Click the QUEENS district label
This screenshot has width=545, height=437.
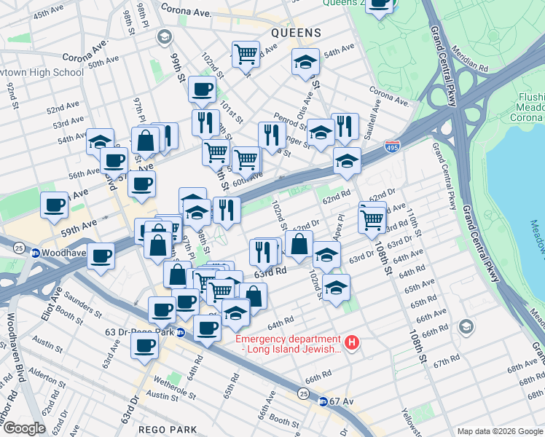pyautogui.click(x=296, y=33)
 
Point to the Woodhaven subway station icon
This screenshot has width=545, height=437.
pyautogui.click(x=34, y=253)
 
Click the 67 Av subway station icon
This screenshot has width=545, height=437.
pyautogui.click(x=322, y=401)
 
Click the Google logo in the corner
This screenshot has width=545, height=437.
pyautogui.click(x=23, y=428)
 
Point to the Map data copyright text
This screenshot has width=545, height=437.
pyautogui.click(x=500, y=431)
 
